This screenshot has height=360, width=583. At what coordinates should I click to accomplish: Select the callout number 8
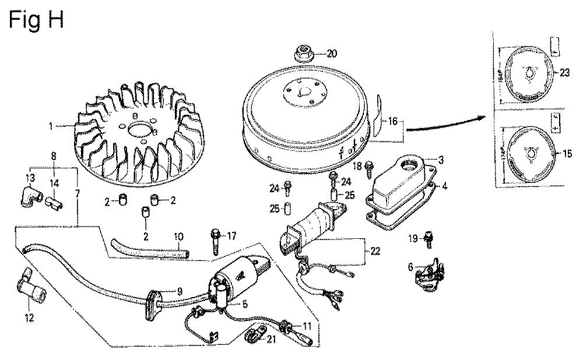[x=54, y=156]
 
